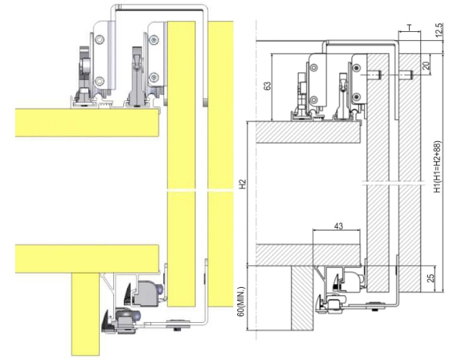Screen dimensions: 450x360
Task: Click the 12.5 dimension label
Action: pyautogui.click(x=439, y=30)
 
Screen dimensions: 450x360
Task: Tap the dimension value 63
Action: pyautogui.click(x=267, y=86)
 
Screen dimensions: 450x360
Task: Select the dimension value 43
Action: pyautogui.click(x=339, y=226)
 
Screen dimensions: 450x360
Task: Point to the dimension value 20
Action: pyautogui.click(x=426, y=65)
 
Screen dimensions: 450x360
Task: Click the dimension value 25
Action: pyautogui.click(x=430, y=279)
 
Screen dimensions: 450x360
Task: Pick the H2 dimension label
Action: pyautogui.click(x=242, y=184)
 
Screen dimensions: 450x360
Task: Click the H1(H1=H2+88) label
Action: pyautogui.click(x=437, y=166)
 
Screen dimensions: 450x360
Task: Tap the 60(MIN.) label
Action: pyautogui.click(x=242, y=302)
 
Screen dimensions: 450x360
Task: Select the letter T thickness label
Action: pyautogui.click(x=410, y=27)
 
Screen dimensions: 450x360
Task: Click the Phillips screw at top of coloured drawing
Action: pyautogui.click(x=154, y=39)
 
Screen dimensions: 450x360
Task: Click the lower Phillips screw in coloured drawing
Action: pyautogui.click(x=154, y=77)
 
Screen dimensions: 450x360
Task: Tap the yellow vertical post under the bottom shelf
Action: pyautogui.click(x=86, y=314)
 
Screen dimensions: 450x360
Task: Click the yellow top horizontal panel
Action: pyautogui.click(x=87, y=122)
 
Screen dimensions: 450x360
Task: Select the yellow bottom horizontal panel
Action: pyautogui.click(x=87, y=259)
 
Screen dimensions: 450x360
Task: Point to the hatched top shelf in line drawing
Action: pyautogui.click(x=308, y=132)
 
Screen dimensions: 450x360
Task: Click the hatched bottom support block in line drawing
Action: pyautogui.click(x=303, y=298)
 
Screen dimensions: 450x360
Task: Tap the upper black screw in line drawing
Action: pyautogui.click(x=357, y=68)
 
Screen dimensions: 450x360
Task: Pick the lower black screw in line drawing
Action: pyautogui.click(x=357, y=96)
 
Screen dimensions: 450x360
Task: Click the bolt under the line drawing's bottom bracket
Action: pyautogui.click(x=375, y=309)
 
